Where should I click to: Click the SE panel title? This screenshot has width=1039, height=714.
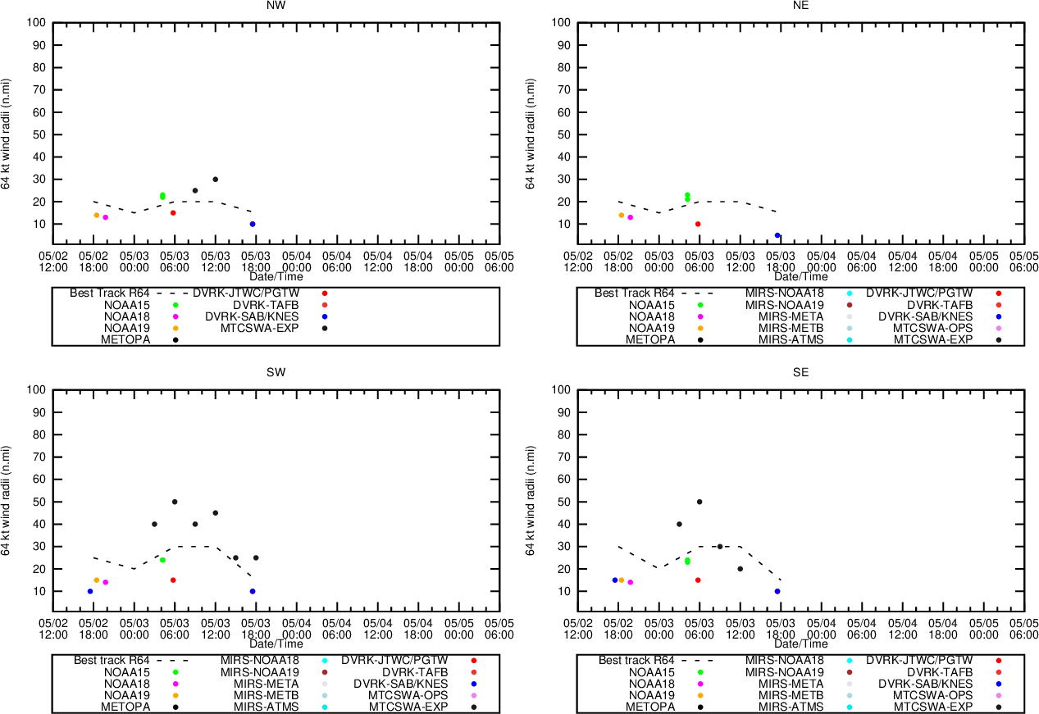800,372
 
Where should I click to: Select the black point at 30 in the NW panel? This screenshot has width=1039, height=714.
216,180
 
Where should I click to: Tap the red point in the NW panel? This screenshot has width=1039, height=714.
173,213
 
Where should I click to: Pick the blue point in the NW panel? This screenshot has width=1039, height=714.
253,224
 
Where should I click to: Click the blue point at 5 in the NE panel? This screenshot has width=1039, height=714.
777,235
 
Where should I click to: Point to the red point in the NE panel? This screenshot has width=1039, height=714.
698,224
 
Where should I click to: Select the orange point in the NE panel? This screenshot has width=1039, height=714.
621,215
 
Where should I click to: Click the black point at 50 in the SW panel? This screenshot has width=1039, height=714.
175,502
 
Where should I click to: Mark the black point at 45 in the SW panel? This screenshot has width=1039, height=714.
216,513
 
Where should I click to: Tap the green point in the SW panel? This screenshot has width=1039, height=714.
162,560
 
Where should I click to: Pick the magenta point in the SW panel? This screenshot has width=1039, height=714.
105,583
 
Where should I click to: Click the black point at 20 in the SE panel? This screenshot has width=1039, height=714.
740,569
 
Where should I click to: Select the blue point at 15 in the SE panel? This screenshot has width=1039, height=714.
614,580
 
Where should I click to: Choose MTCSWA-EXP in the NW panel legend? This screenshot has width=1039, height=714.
259,328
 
